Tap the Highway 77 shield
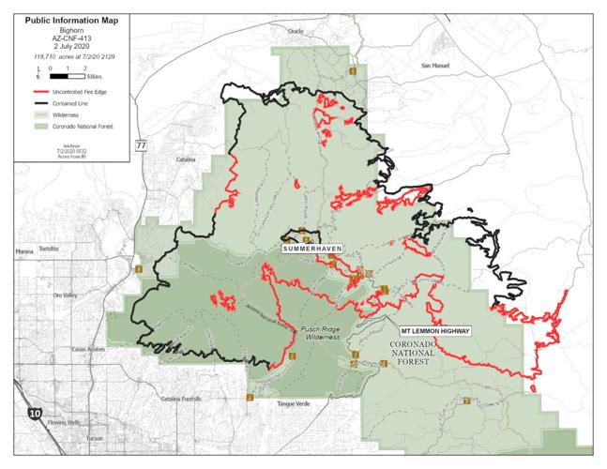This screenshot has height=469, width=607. click(141, 145)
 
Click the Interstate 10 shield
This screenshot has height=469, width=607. click(36, 412)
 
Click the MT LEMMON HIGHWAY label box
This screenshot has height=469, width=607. click(434, 331)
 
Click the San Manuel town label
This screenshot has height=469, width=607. click(435, 65)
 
